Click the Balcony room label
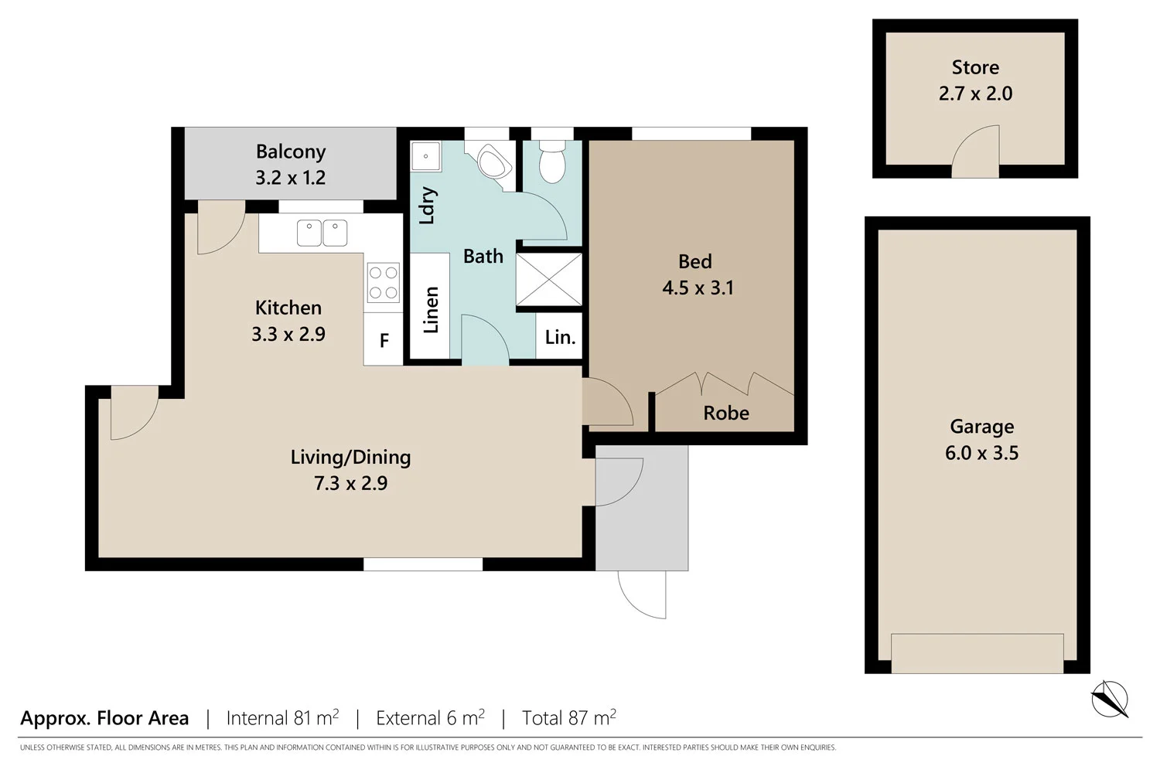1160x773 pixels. [291, 152]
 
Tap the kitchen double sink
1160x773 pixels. [322, 233]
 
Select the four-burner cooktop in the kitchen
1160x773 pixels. [383, 282]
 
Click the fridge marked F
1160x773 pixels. [384, 340]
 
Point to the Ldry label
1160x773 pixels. [427, 205]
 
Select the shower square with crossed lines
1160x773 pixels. [549, 278]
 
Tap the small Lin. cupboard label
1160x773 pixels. [560, 337]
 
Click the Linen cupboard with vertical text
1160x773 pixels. [431, 309]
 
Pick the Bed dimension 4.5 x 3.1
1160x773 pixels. [698, 288]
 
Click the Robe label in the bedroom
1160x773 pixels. [726, 413]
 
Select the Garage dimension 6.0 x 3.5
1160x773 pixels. [981, 453]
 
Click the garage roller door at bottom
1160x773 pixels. [977, 653]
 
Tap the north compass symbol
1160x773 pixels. [1109, 699]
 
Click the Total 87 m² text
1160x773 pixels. [568, 718]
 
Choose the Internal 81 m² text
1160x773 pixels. [282, 718]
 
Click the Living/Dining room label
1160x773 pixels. [350, 457]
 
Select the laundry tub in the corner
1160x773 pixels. [425, 156]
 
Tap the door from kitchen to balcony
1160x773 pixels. [220, 228]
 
